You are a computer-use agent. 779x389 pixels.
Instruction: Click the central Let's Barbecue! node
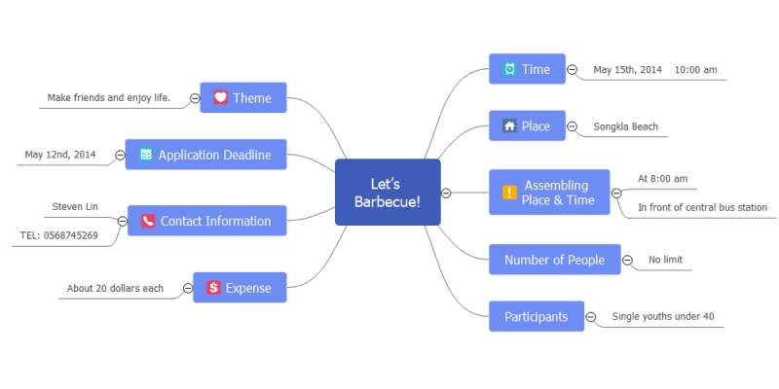(388, 192)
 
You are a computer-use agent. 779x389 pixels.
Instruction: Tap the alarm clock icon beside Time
(509, 69)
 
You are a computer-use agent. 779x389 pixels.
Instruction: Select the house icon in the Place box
(509, 125)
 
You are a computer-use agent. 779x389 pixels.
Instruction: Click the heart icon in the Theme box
(221, 97)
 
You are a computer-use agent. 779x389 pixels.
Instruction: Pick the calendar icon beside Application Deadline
(146, 155)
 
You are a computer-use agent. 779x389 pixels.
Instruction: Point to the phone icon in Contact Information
(148, 221)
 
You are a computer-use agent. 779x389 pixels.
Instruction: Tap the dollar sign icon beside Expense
(213, 287)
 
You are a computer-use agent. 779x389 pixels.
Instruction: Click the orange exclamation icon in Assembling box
(509, 193)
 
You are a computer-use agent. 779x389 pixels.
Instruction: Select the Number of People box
(555, 260)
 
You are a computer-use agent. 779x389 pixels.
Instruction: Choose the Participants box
(537, 316)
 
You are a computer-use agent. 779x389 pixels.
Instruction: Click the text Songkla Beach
(625, 126)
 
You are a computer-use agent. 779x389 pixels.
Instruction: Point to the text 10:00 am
(695, 70)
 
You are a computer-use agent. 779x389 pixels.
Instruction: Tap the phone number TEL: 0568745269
(59, 235)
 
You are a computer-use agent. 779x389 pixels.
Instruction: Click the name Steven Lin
(75, 206)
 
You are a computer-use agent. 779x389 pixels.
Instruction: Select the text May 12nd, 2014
(60, 155)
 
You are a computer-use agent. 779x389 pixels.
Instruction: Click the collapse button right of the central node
(446, 193)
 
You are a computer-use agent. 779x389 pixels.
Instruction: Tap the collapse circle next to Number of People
(627, 260)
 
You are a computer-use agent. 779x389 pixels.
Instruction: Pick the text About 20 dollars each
(115, 288)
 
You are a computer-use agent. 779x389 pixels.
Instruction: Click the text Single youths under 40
(663, 316)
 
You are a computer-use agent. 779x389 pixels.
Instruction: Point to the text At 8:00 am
(663, 179)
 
